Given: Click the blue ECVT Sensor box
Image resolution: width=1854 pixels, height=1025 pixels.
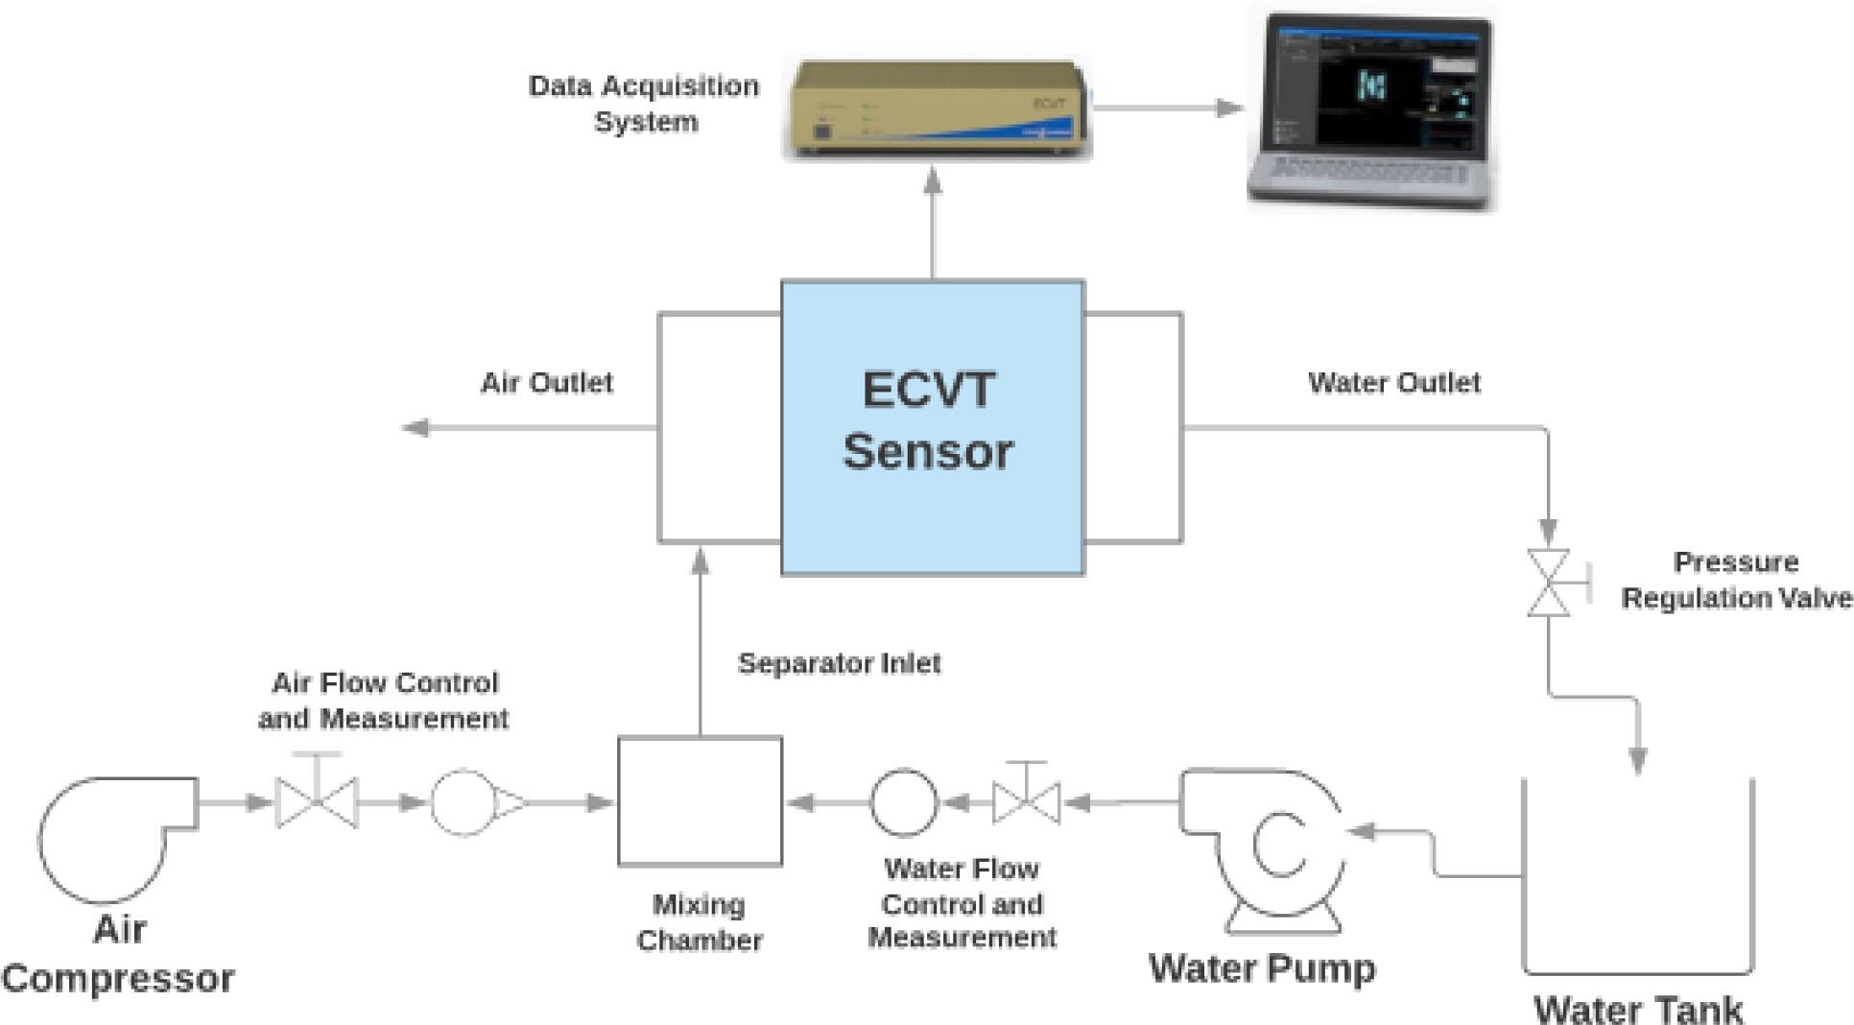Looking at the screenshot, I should [x=932, y=427].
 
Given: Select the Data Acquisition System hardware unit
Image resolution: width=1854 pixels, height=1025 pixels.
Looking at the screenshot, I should [x=937, y=108].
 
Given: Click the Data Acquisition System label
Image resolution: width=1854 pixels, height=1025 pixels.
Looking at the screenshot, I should [x=644, y=104].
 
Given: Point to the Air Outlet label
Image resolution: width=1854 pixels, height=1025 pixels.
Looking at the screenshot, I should [x=546, y=383].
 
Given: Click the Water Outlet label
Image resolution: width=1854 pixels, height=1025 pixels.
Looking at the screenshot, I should [x=1393, y=383].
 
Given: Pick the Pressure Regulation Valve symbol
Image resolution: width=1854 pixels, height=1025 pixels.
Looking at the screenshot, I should [x=1548, y=583].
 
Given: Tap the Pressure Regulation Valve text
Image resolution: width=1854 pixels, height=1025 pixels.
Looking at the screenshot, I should [x=1735, y=580].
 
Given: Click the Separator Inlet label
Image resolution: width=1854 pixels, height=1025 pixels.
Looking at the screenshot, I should [x=839, y=663].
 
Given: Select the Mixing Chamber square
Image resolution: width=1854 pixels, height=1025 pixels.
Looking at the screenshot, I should [x=700, y=801].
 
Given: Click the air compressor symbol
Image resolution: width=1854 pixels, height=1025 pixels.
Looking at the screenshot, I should [x=110, y=835].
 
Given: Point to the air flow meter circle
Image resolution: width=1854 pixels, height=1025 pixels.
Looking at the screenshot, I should [x=464, y=802].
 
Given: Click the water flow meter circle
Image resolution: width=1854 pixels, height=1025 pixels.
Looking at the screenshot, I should [x=903, y=802].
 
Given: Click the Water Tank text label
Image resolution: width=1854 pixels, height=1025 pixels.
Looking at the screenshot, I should [x=1638, y=1009].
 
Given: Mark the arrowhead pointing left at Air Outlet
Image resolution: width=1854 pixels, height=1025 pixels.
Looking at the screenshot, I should [x=416, y=428].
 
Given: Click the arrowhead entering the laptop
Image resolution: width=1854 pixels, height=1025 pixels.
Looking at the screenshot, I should [x=1229, y=107].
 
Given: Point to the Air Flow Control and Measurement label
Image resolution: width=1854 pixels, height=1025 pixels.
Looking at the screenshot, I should [x=384, y=701].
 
